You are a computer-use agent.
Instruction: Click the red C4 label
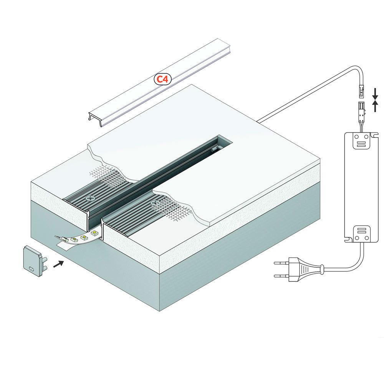[162, 79]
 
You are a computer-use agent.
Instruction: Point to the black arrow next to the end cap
[58, 264]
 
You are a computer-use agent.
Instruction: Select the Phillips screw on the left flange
[91, 199]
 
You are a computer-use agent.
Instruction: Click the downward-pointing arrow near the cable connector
[376, 93]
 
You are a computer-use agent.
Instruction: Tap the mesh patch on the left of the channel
[108, 175]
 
